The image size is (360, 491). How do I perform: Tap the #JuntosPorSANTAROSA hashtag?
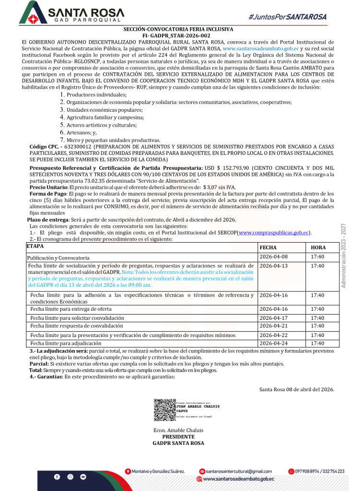coord(288,17)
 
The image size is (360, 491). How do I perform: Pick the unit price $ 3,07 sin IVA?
coord(221,187)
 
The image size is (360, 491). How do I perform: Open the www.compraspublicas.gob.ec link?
coord(274,233)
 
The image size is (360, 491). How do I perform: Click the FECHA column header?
coord(268,248)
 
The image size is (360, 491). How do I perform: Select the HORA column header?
coord(318,248)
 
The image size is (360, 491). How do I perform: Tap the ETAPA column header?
coord(35,245)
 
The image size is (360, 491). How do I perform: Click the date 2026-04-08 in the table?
coord(273,257)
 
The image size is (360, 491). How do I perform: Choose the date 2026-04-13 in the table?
coord(273,266)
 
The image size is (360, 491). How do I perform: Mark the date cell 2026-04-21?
coord(273,326)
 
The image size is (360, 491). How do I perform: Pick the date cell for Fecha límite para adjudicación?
coord(273,343)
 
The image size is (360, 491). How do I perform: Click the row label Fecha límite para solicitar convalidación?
coord(77,318)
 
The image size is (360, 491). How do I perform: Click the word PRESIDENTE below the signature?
coord(178,437)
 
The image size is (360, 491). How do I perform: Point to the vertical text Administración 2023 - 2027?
coord(343,255)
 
